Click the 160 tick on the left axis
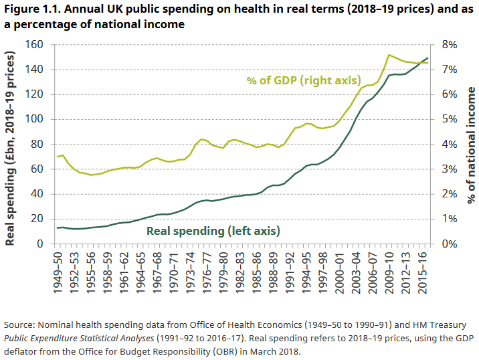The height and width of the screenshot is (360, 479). click(34, 44)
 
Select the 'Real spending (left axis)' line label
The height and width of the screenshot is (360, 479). click(213, 231)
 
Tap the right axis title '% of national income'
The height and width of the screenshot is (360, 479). click(471, 144)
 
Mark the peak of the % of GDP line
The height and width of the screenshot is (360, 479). click(389, 55)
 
